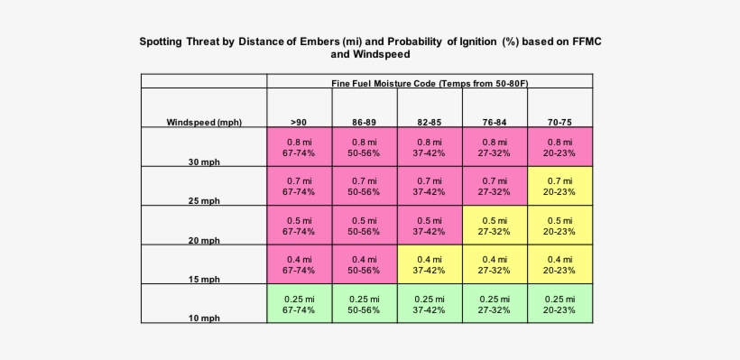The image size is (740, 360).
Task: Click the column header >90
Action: click(298, 122)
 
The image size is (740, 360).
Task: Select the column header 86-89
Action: click(364, 122)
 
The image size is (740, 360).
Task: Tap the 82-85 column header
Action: click(429, 122)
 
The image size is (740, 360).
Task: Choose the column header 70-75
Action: click(560, 122)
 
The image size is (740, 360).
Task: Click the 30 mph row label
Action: click(204, 162)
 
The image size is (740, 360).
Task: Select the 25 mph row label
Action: click(204, 201)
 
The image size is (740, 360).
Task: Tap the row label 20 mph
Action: click(204, 240)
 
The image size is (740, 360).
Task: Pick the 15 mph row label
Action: click(204, 280)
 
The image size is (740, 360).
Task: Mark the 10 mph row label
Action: click(204, 318)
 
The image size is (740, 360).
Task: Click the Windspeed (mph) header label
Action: click(203, 122)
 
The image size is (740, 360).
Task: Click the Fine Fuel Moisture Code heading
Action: click(429, 83)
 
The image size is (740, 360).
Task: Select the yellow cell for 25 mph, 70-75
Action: click(560, 186)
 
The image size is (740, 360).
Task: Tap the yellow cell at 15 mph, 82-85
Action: click(429, 264)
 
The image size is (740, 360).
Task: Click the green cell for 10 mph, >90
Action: click(299, 304)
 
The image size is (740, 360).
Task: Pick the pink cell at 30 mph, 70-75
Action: click(560, 147)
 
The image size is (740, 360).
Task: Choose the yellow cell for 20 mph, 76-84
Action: click(495, 226)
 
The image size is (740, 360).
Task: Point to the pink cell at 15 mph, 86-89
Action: click(364, 264)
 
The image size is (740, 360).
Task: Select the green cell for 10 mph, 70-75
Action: click(560, 304)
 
